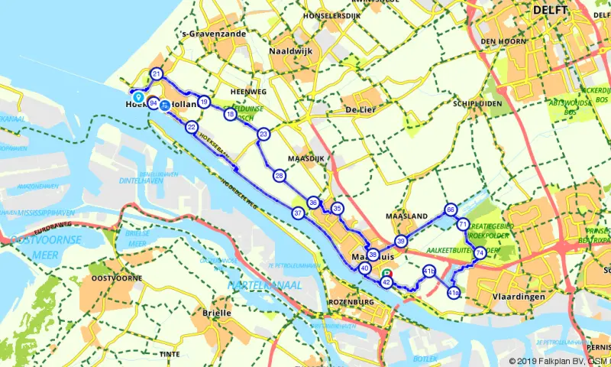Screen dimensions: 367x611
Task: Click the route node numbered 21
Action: click(x=157, y=74)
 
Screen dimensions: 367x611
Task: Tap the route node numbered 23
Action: click(x=263, y=134)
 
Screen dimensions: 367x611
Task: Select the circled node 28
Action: click(x=280, y=176)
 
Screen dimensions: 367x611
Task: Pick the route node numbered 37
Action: click(x=298, y=213)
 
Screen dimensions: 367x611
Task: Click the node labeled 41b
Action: click(x=428, y=271)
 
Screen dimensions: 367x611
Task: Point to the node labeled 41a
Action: click(x=453, y=293)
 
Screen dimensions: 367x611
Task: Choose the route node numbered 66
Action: click(x=451, y=209)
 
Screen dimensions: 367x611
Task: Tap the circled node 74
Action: click(x=479, y=253)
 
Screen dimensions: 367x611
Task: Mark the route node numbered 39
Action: click(x=401, y=241)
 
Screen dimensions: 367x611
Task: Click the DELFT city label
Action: click(x=551, y=10)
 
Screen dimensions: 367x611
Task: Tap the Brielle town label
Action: click(x=196, y=313)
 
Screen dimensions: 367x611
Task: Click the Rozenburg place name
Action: click(x=352, y=302)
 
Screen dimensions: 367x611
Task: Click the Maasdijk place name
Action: click(x=296, y=159)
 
